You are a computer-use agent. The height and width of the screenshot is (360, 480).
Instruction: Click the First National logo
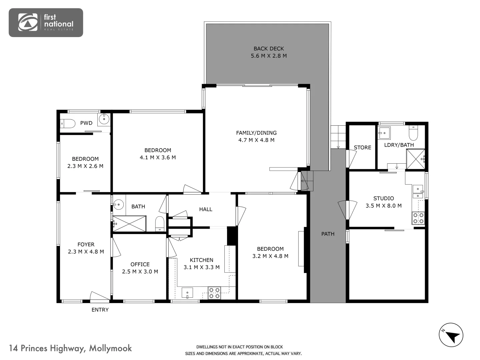pyautogui.click(x=46, y=23)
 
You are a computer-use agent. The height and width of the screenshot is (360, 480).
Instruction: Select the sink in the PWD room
pyautogui.click(x=104, y=119)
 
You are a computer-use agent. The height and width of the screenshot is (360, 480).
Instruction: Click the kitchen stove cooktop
pyautogui.click(x=214, y=293)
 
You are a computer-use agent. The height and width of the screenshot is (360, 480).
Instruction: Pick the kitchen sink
pyautogui.click(x=187, y=293)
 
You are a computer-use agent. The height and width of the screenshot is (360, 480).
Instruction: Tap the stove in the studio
pyautogui.click(x=418, y=218)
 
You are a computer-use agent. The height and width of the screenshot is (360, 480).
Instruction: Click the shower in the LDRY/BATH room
pyautogui.click(x=415, y=159)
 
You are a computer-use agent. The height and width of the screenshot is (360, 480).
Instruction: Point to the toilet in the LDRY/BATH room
pyautogui.click(x=413, y=134)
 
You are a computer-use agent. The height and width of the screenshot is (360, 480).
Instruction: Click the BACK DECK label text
pyautogui.click(x=269, y=49)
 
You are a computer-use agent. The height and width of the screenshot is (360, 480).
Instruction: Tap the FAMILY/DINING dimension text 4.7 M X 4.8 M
pyautogui.click(x=256, y=140)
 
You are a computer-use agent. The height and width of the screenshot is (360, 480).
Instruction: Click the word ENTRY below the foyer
pyautogui.click(x=100, y=310)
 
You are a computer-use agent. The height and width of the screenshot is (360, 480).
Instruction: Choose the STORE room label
pyautogui.click(x=362, y=147)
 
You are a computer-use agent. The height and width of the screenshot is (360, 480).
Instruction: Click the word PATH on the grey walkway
pyautogui.click(x=328, y=234)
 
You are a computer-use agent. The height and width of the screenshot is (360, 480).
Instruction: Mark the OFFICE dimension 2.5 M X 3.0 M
pyautogui.click(x=140, y=272)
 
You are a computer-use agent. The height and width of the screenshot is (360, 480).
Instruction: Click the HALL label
pyautogui.click(x=206, y=209)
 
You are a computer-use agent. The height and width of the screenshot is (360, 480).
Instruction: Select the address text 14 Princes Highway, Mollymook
pyautogui.click(x=70, y=348)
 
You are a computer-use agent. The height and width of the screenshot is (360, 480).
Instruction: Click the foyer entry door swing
pyautogui.click(x=99, y=296)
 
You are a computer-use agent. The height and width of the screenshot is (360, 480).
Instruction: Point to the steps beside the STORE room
pyautogui.click(x=338, y=137)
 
